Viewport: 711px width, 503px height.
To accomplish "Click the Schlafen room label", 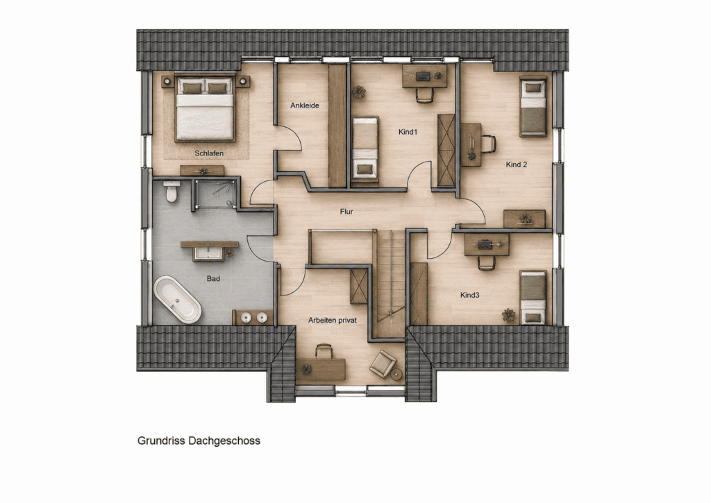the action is point(209,153).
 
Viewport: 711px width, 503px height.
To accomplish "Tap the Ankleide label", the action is point(305,105).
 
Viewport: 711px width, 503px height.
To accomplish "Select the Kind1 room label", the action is point(408,132).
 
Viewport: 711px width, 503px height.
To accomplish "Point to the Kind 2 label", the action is point(517,164).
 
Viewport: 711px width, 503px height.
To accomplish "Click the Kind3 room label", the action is point(470,295).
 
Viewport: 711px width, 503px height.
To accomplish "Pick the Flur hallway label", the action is point(346,212).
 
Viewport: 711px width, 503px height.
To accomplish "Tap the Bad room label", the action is point(213,278).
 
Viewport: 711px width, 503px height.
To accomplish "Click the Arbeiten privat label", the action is point(333,320).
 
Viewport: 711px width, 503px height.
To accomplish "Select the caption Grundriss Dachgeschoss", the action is point(199,441).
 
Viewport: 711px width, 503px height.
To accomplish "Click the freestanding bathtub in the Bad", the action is point(177,300).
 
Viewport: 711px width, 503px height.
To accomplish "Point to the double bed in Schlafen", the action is point(205,108).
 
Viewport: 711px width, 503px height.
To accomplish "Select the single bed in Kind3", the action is point(533,297).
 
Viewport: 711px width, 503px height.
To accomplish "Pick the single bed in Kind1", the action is point(365,149).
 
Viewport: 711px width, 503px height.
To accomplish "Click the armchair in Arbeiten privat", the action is point(383,364).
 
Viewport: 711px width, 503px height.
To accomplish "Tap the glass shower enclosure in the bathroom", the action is point(215,194).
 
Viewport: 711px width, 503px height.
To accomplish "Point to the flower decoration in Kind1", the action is point(359,92).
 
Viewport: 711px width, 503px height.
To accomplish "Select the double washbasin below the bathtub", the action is point(253,317).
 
